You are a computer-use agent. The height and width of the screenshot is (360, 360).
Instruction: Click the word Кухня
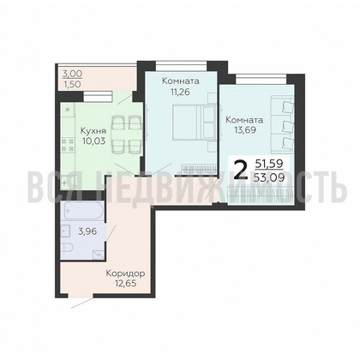coord(93,130)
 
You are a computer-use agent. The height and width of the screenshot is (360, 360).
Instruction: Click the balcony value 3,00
coord(71,75)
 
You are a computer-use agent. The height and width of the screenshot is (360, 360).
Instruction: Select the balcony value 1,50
coord(71,86)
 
